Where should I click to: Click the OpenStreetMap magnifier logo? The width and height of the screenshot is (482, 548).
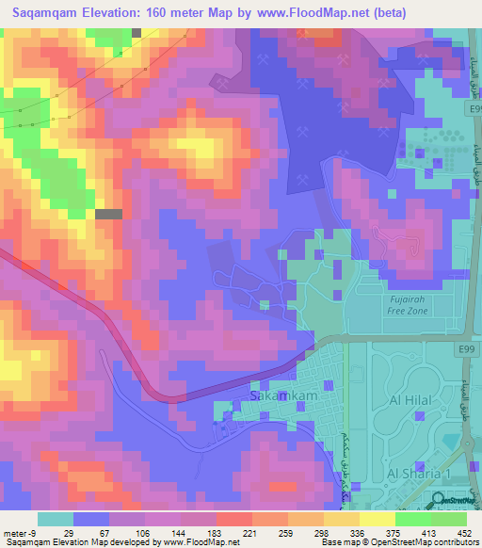click(x=439, y=502)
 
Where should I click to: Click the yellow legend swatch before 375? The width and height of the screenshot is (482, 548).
click(x=342, y=519)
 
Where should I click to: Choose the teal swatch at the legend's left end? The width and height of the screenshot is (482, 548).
click(x=56, y=519)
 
